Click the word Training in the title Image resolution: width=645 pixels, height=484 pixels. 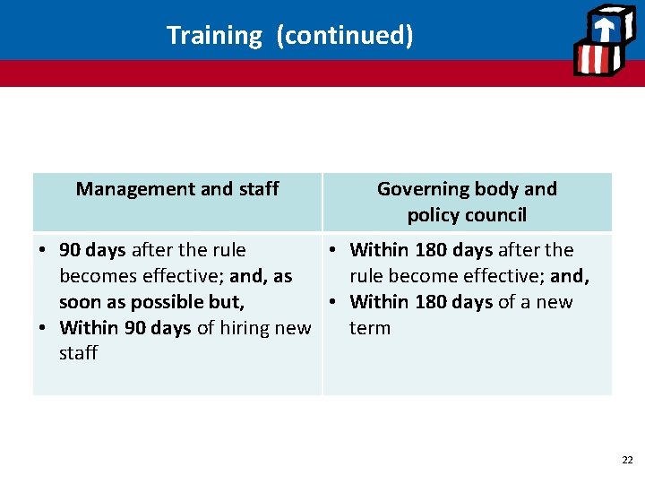coord(213,36)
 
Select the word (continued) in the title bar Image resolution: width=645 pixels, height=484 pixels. coord(345,36)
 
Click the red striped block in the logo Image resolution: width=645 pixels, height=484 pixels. coord(594,60)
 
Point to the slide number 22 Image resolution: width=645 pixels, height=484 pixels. coord(626,460)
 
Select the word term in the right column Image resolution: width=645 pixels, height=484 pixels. coord(370,328)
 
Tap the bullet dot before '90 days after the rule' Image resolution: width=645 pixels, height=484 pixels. coord(43,250)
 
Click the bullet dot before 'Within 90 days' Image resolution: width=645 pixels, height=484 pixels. coord(43,328)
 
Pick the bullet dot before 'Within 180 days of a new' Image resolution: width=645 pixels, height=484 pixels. coord(333,302)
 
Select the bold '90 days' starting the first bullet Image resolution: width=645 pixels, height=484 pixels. coord(93,250)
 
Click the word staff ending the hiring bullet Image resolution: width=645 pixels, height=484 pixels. coord(78,353)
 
